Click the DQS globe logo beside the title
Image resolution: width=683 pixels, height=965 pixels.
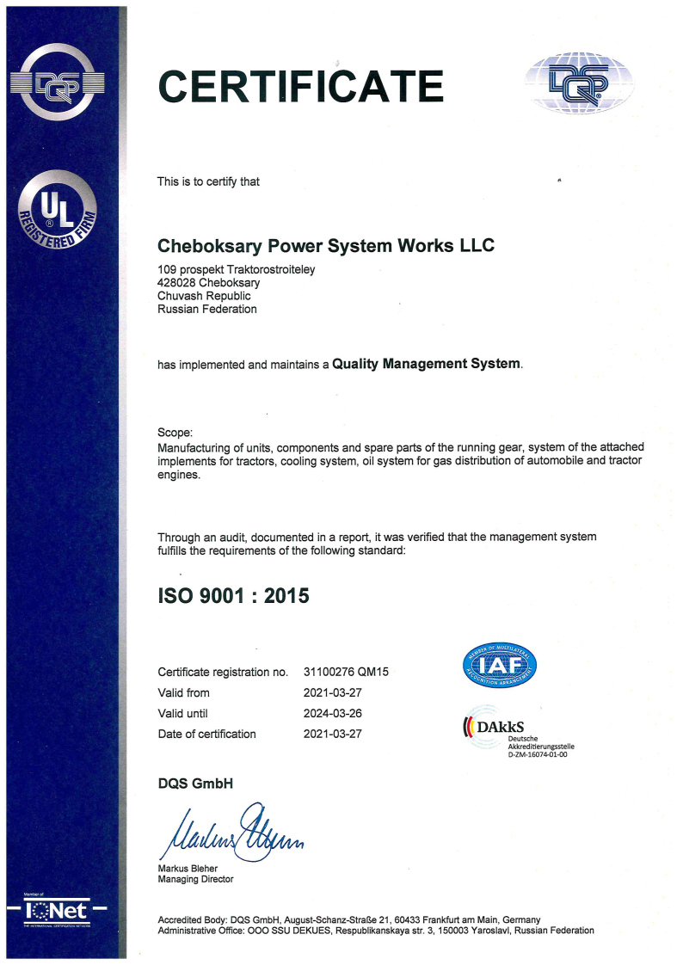coord(579,83)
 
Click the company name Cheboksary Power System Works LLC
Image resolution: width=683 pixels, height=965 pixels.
coord(326,246)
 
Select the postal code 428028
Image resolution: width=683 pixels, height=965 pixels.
coord(177,283)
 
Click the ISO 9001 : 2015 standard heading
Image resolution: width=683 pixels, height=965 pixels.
coord(233,595)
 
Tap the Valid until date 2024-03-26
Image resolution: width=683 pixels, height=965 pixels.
coord(333,713)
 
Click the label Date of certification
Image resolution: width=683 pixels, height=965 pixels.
coord(207,734)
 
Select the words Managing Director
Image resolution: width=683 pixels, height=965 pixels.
coord(195,879)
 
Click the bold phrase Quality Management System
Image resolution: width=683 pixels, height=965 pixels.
coord(427,364)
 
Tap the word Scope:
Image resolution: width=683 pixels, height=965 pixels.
coord(175,432)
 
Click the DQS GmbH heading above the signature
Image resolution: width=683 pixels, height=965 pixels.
coord(195,784)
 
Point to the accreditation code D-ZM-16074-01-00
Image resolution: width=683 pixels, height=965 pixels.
coord(538,754)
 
